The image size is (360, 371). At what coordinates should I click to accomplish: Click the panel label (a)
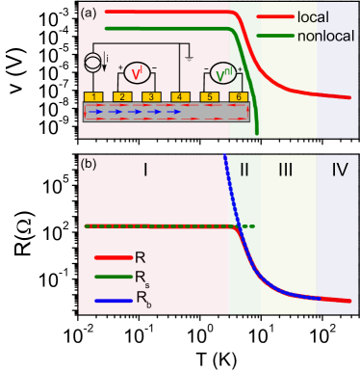click(89, 13)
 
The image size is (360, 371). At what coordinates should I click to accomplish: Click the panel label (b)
click(89, 164)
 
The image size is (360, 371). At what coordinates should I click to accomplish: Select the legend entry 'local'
click(312, 17)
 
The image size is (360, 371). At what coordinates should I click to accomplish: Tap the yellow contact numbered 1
click(93, 97)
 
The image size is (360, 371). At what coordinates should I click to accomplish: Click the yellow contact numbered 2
click(122, 97)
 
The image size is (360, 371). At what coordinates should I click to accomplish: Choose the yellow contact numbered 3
click(151, 97)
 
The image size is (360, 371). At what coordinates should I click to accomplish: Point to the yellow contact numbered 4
click(180, 97)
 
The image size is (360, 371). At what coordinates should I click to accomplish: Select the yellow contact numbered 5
click(210, 97)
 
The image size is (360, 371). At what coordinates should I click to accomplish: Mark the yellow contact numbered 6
click(239, 97)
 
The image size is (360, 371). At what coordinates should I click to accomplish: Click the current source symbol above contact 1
click(93, 64)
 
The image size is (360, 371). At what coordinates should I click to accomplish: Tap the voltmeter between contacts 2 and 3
click(137, 73)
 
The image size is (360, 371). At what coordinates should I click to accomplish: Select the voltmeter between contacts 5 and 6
click(223, 73)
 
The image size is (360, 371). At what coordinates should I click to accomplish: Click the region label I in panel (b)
click(145, 171)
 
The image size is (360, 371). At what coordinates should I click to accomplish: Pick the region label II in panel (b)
click(244, 171)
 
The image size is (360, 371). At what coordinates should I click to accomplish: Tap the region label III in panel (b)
click(286, 171)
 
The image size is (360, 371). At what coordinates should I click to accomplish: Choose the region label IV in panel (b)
click(339, 171)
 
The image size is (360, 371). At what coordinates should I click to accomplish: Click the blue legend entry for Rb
click(141, 299)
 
